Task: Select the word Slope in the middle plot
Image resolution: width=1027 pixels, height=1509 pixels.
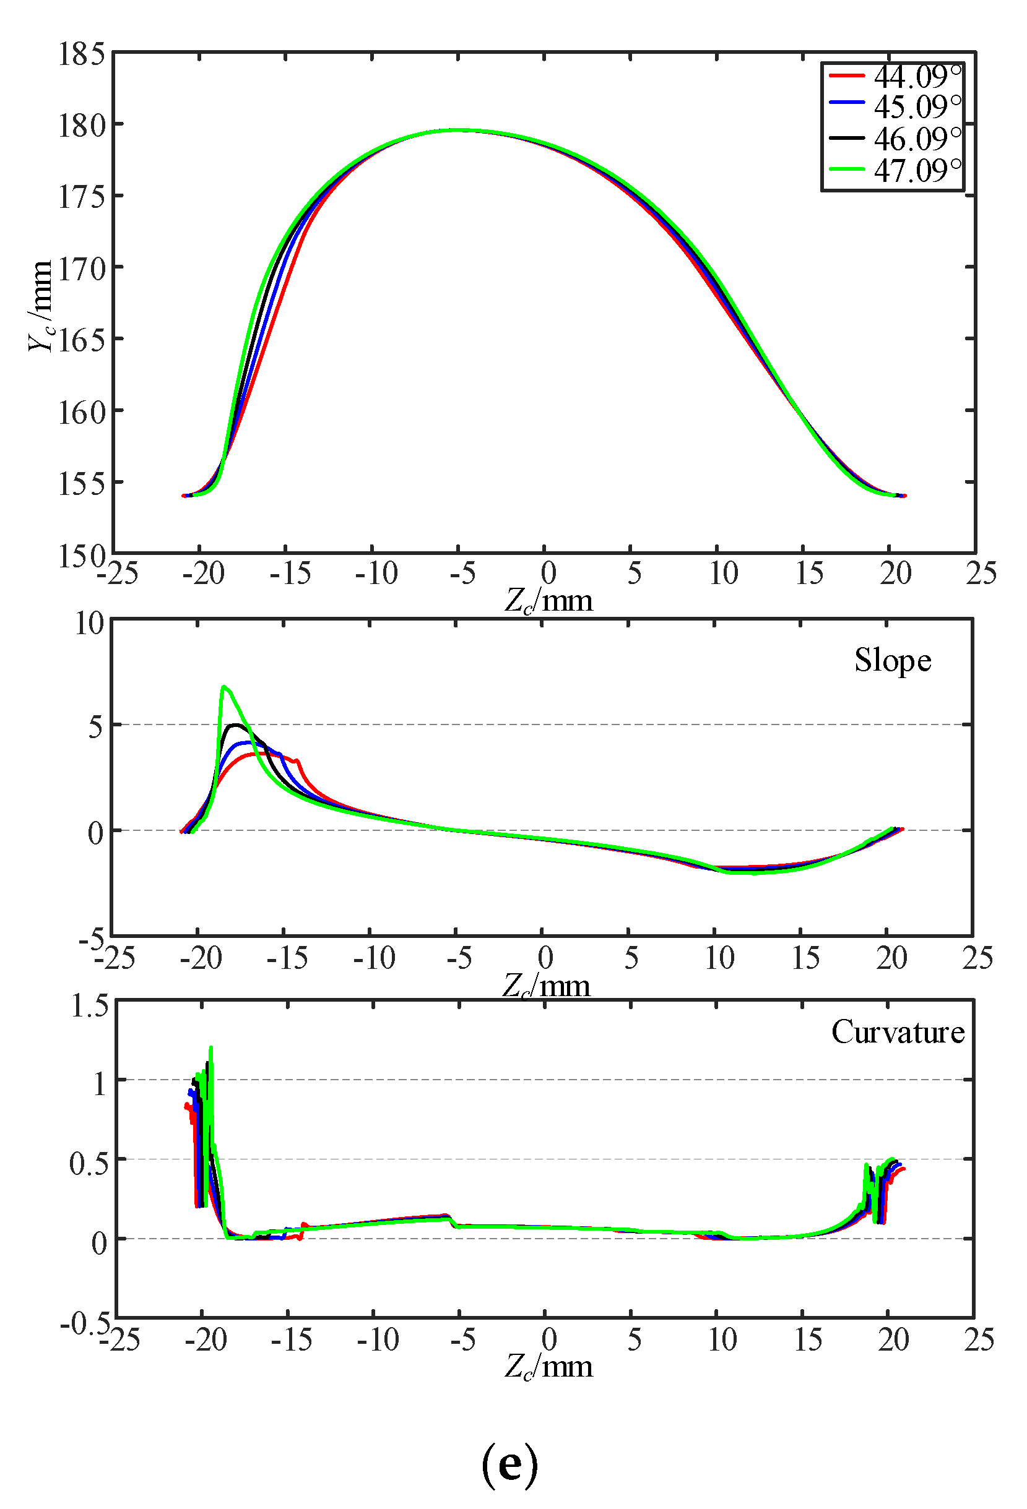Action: coord(893,660)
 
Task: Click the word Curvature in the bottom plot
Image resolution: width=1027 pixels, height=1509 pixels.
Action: coord(898,1033)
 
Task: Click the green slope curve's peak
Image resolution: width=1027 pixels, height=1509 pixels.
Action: coord(223,686)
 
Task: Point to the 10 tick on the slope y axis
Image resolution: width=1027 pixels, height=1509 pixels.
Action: coord(90,624)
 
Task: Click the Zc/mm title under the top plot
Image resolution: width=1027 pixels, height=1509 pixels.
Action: coord(549,601)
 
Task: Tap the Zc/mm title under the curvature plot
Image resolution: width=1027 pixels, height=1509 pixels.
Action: coord(549,1366)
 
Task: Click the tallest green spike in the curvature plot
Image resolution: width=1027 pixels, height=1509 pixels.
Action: coord(210,1047)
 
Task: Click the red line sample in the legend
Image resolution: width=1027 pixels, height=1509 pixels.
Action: coord(846,76)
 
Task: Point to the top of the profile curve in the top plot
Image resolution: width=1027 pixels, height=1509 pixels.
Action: coord(458,130)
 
